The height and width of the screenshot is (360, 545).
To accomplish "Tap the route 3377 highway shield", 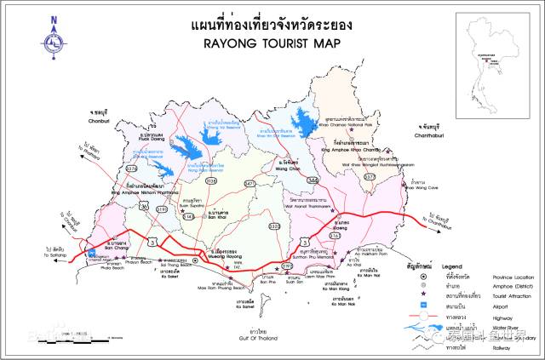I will tap(369, 176).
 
